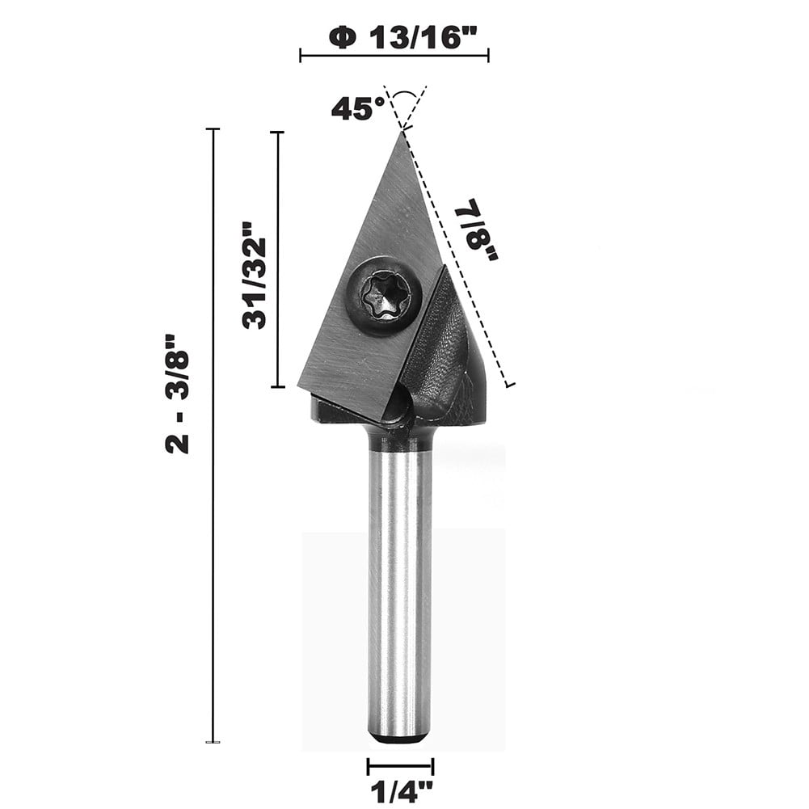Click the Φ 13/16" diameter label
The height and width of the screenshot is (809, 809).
[x=394, y=38]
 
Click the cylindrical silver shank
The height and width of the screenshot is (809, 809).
[x=398, y=590]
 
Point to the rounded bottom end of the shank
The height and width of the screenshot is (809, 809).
[x=398, y=737]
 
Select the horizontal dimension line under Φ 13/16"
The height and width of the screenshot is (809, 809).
[x=394, y=56]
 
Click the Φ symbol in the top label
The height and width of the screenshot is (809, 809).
[x=343, y=38]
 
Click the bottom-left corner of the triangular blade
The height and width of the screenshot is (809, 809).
[x=301, y=386]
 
